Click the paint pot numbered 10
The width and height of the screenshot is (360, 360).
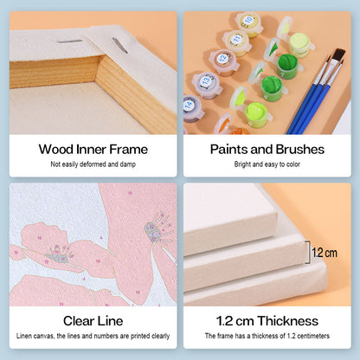[248, 23]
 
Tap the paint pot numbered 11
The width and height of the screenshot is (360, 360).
[237, 42]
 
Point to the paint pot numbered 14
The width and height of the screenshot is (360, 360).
[192, 108]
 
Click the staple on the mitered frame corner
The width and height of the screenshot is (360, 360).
[119, 46]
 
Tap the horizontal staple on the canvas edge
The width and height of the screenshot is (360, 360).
[70, 42]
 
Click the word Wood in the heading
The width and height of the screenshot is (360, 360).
[56, 150]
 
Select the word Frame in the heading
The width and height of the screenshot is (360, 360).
[128, 150]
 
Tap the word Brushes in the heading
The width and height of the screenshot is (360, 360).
[300, 150]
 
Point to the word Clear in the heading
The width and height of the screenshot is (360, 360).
[79, 321]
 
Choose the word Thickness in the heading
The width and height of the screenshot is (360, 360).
[287, 321]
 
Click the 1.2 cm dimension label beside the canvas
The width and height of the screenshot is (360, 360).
[325, 253]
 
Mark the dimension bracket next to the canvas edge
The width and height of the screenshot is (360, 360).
[308, 253]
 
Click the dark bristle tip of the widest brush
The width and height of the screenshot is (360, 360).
[339, 55]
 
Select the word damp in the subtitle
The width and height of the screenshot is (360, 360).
[128, 164]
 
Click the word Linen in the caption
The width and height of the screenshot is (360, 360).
[24, 336]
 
